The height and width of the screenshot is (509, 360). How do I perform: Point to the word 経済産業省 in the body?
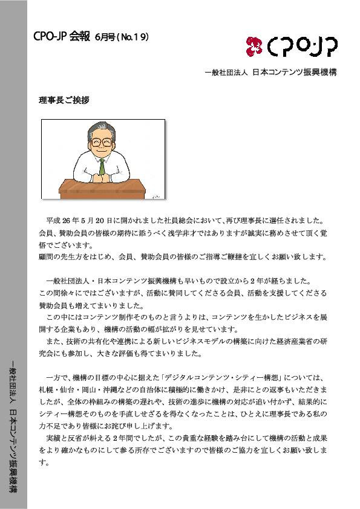tap(287, 341)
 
